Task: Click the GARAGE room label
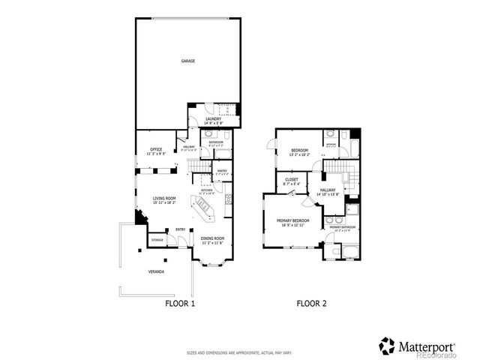(x=187, y=61)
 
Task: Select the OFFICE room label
(x=156, y=150)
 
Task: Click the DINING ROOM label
(x=213, y=238)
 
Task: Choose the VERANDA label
(x=156, y=271)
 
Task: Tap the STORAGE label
(x=157, y=240)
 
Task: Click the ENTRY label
(x=181, y=229)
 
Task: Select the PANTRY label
(x=222, y=171)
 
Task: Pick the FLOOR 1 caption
(x=180, y=304)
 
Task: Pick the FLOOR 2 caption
(x=311, y=304)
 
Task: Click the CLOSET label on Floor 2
(x=292, y=180)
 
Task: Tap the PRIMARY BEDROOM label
(x=292, y=220)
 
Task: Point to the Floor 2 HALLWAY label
(x=328, y=190)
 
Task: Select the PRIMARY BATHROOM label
(x=342, y=226)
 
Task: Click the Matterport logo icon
(x=386, y=345)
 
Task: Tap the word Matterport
(x=425, y=346)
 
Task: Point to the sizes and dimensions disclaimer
(x=240, y=352)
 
